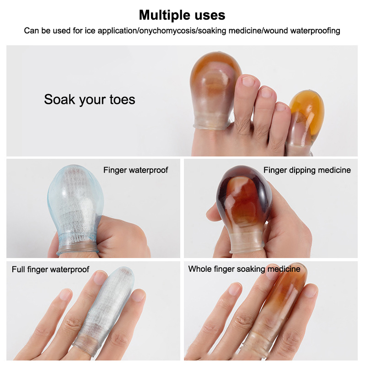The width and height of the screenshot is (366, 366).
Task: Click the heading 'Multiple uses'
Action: pos(182,16)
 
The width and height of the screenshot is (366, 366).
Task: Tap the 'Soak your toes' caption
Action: pos(90,99)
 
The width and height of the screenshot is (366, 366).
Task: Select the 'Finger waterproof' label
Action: pos(135,170)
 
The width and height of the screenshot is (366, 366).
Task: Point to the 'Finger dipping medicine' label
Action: pos(307,170)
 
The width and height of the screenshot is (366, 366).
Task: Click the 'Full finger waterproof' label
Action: pos(50,269)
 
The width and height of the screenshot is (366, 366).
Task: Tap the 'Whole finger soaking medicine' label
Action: pos(244,269)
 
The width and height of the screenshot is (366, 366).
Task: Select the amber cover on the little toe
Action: pos(305,120)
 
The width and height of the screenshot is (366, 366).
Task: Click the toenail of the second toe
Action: pos(248,82)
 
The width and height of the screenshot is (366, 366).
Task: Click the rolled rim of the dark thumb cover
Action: pos(247,249)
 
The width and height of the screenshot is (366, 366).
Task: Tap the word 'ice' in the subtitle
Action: pos(90,31)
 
